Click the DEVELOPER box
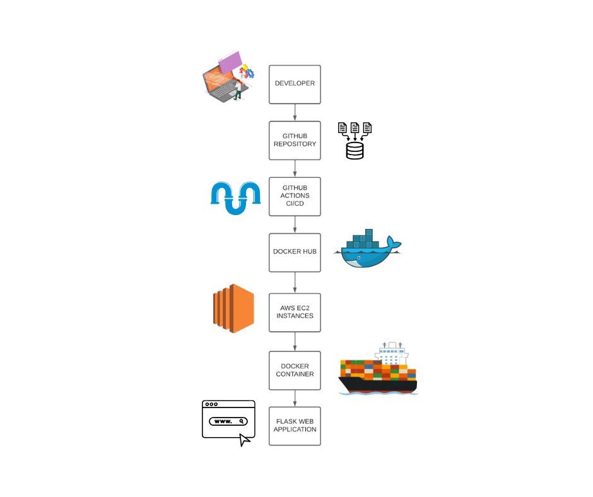point(295,84)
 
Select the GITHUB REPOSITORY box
point(295,140)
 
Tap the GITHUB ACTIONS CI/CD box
point(295,196)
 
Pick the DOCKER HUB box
point(295,252)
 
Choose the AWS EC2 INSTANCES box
point(295,312)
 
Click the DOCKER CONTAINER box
point(295,370)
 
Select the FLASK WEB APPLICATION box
point(295,426)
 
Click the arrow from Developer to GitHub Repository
point(295,112)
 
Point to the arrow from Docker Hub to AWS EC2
point(295,283)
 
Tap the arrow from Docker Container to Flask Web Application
point(295,399)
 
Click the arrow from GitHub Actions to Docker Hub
point(295,225)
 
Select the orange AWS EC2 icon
point(233,308)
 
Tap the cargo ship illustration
point(377,372)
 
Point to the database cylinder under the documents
point(355,150)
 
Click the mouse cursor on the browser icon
point(245,439)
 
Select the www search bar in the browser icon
point(228,421)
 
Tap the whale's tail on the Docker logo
point(394,243)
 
